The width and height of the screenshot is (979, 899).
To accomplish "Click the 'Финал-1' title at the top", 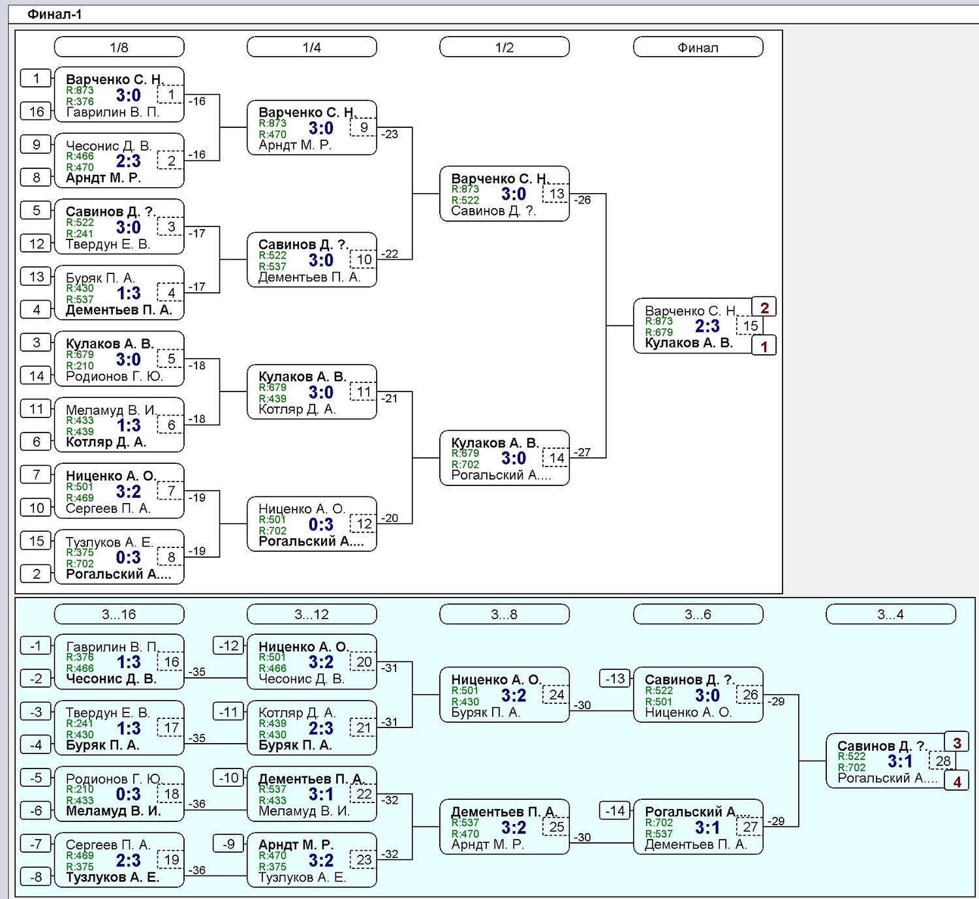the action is [54, 14].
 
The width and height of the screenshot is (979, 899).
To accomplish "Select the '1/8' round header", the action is [119, 48].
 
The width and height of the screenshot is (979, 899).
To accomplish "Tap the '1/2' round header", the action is [504, 48].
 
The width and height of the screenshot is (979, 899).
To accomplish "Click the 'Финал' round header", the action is [698, 48].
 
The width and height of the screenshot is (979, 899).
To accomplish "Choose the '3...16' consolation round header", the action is [119, 614].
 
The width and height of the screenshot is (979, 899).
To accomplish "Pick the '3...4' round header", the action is [891, 614].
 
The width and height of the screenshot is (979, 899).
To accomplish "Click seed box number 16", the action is [36, 112].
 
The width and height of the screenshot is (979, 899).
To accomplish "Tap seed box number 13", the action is [36, 277].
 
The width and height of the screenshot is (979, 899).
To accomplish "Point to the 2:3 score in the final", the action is [707, 326].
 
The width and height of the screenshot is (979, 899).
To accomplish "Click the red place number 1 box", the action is [764, 346].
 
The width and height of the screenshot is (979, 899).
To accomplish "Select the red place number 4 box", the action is [957, 782].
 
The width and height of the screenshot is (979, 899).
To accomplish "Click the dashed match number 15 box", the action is [750, 326].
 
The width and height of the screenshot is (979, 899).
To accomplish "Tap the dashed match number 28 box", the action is [943, 761].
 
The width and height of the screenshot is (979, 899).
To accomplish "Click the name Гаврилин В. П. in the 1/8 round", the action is [113, 112].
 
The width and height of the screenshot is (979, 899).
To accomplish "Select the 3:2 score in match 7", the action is [129, 491].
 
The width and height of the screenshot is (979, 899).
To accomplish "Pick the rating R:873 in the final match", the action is [659, 321].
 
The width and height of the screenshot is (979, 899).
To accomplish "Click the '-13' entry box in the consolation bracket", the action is [615, 678].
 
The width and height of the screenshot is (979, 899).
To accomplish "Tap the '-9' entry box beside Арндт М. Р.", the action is [228, 844].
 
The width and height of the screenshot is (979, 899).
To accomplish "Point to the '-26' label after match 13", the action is [582, 200].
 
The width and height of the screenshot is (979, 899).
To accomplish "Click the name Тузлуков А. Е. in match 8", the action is [109, 542].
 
